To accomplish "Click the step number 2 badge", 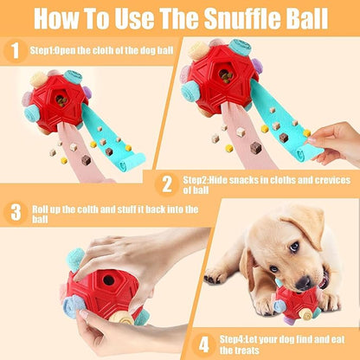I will (166, 183).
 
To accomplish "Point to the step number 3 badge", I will (15, 212).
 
